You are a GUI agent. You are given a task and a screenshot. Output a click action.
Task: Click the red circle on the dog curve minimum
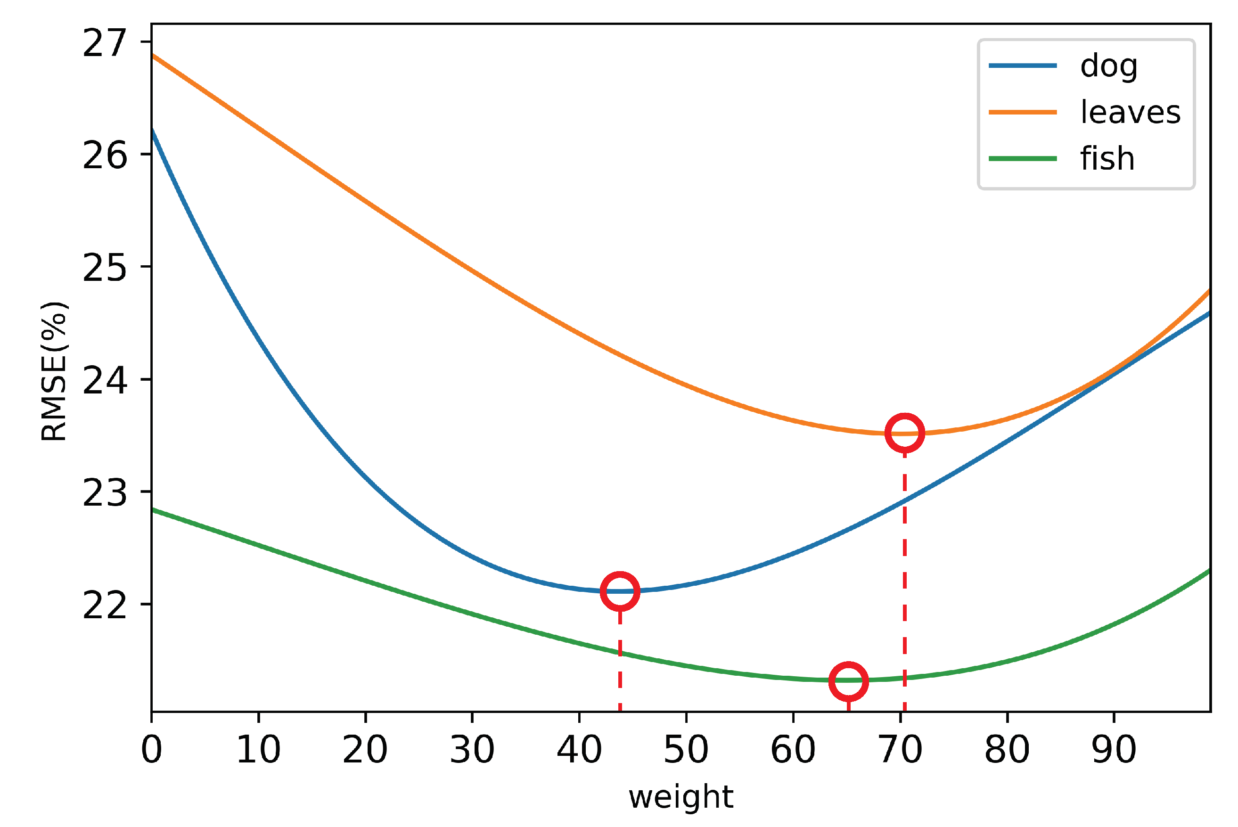pyautogui.click(x=620, y=591)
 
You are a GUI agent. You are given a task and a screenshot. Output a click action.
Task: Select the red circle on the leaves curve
pyautogui.click(x=905, y=433)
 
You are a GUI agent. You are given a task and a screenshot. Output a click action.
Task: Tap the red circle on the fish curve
pyautogui.click(x=848, y=681)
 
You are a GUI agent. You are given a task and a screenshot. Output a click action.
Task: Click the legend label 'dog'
pyautogui.click(x=1109, y=66)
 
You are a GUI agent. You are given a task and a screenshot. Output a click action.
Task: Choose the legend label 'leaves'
pyautogui.click(x=1131, y=112)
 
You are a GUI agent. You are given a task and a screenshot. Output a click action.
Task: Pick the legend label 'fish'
pyautogui.click(x=1107, y=158)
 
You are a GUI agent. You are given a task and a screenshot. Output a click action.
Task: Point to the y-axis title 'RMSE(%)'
pyautogui.click(x=54, y=371)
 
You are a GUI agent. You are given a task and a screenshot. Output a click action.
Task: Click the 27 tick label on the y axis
pyautogui.click(x=105, y=43)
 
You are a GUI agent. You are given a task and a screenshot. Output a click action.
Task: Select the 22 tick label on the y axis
pyautogui.click(x=105, y=605)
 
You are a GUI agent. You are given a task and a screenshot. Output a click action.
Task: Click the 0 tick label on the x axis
pyautogui.click(x=151, y=749)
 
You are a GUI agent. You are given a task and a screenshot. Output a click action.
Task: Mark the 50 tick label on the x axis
pyautogui.click(x=686, y=749)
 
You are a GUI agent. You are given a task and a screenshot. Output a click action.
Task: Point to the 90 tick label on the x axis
pyautogui.click(x=1114, y=749)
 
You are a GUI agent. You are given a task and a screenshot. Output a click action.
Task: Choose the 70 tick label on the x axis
pyautogui.click(x=901, y=749)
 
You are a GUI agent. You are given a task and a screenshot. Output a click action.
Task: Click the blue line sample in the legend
pyautogui.click(x=1023, y=66)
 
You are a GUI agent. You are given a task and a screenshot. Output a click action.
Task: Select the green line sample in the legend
pyautogui.click(x=1023, y=158)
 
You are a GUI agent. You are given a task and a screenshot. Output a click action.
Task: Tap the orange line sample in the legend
pyautogui.click(x=1023, y=112)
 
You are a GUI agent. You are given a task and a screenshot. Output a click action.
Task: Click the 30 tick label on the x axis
pyautogui.click(x=472, y=749)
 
